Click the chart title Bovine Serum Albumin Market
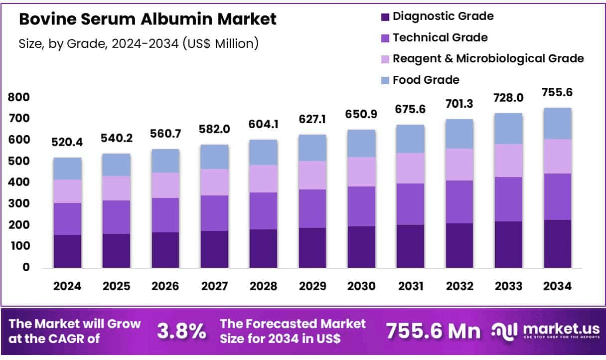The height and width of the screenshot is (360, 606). tap(148, 19)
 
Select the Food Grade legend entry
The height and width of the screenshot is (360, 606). tap(426, 80)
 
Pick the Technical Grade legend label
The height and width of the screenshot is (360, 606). tap(440, 37)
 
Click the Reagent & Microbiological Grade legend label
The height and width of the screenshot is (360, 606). tap(488, 58)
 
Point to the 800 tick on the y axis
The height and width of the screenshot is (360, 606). tap(19, 97)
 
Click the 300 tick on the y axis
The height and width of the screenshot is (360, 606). tap(19, 204)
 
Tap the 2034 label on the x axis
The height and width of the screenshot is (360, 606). tap(557, 287)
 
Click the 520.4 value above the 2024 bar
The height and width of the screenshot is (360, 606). tap(68, 143)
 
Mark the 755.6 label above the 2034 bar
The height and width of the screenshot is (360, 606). tap(557, 92)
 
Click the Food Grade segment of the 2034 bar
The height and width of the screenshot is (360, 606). tap(557, 124)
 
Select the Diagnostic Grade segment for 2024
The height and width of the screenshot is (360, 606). tap(68, 251)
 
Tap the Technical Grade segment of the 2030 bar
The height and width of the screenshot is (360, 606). tap(361, 206)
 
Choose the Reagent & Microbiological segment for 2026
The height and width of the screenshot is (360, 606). tap(165, 185)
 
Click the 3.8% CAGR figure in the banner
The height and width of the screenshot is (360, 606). tap(181, 331)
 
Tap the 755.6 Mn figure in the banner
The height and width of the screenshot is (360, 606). tap(434, 331)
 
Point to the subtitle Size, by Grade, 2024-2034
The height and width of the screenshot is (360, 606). tap(139, 43)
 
